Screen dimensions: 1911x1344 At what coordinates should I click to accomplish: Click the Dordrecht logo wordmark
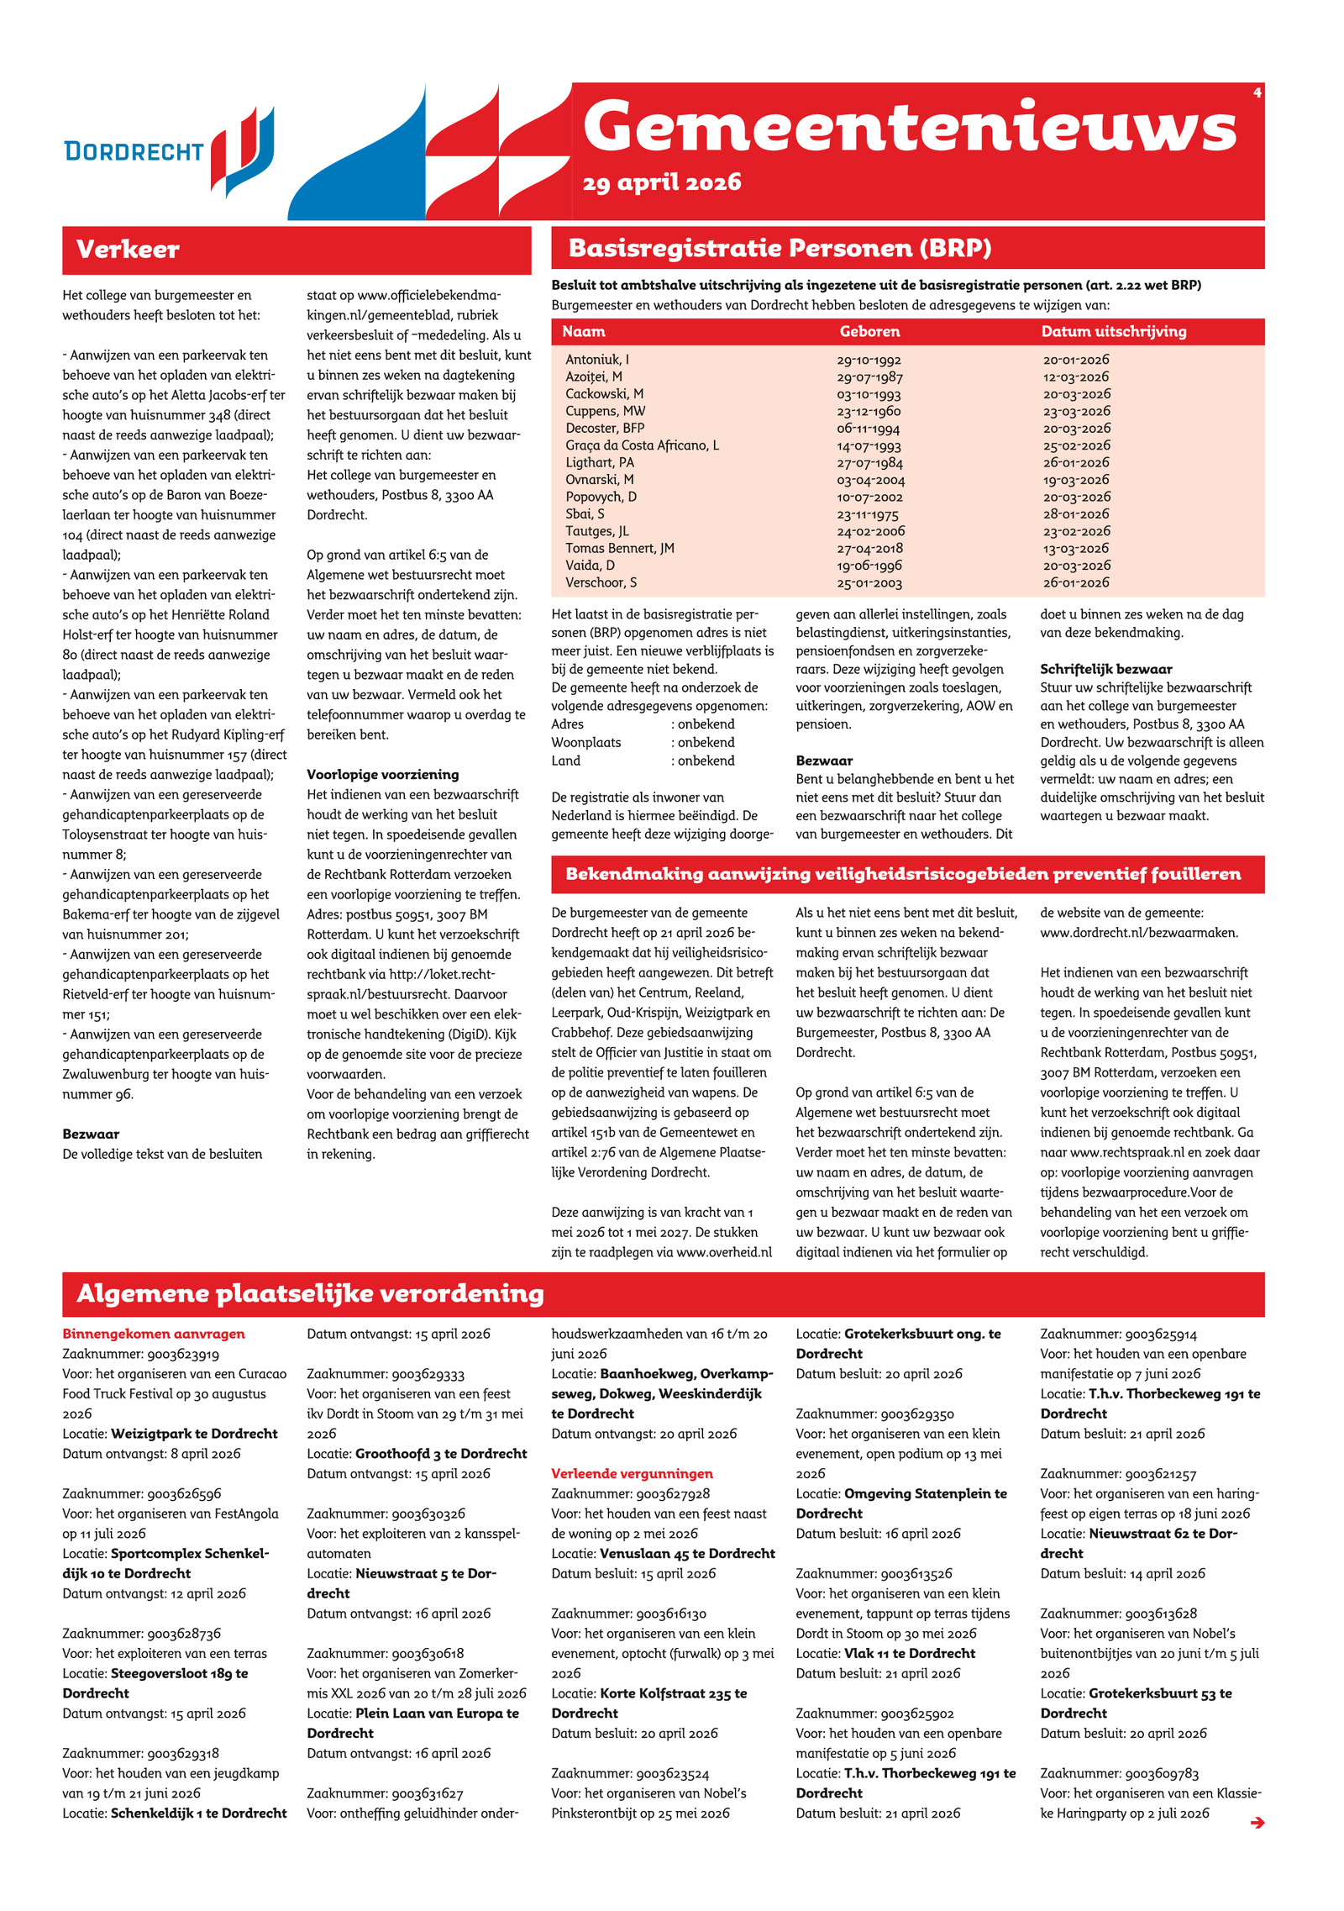click(x=134, y=151)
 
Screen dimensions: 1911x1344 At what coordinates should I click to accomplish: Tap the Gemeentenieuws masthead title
click(x=909, y=127)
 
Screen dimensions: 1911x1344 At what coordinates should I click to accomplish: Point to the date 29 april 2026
click(x=661, y=182)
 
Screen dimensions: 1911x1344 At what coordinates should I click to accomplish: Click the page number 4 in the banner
click(x=1257, y=92)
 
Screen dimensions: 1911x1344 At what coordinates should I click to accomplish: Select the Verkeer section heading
click(x=128, y=250)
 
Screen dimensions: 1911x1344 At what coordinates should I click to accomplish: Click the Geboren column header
click(x=869, y=332)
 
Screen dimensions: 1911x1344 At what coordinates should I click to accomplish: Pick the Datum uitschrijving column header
click(x=1113, y=332)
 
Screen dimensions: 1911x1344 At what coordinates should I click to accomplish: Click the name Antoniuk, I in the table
click(x=596, y=360)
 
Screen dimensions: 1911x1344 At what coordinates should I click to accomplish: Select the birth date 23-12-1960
click(x=868, y=412)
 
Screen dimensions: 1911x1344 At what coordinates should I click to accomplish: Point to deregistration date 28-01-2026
click(x=1076, y=514)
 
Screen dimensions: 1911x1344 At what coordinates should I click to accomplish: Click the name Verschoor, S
click(x=601, y=583)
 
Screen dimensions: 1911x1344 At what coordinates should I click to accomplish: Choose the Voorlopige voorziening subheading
click(x=382, y=775)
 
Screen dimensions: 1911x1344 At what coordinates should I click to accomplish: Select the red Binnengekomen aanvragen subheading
click(x=154, y=1334)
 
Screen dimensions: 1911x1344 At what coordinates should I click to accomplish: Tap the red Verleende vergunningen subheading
click(x=632, y=1473)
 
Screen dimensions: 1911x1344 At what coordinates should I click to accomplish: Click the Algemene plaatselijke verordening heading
click(x=310, y=1293)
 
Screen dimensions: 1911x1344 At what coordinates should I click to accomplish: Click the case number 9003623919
click(x=183, y=1354)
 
